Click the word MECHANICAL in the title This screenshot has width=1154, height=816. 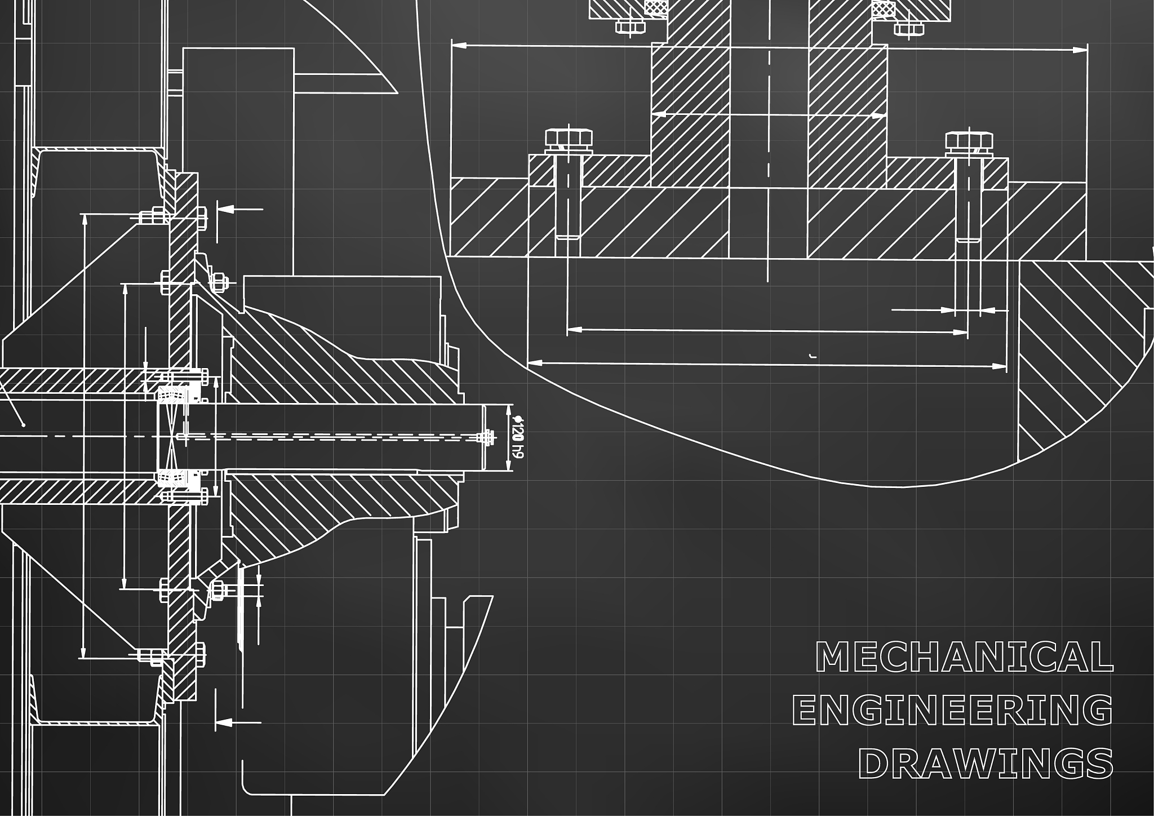pyautogui.click(x=964, y=657)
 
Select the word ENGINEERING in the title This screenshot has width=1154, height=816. pyautogui.click(x=953, y=710)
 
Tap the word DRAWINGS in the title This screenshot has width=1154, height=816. pyautogui.click(x=986, y=764)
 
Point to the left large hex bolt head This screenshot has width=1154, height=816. pyautogui.click(x=569, y=139)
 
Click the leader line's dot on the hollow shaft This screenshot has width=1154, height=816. pyautogui.click(x=23, y=424)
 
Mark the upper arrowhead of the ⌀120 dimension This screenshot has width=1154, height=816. pyautogui.click(x=509, y=410)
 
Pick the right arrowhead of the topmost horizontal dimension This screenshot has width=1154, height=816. pyautogui.click(x=1081, y=50)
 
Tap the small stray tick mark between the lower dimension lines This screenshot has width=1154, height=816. pyautogui.click(x=812, y=356)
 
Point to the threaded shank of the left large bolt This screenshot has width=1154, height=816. pyautogui.click(x=569, y=197)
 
